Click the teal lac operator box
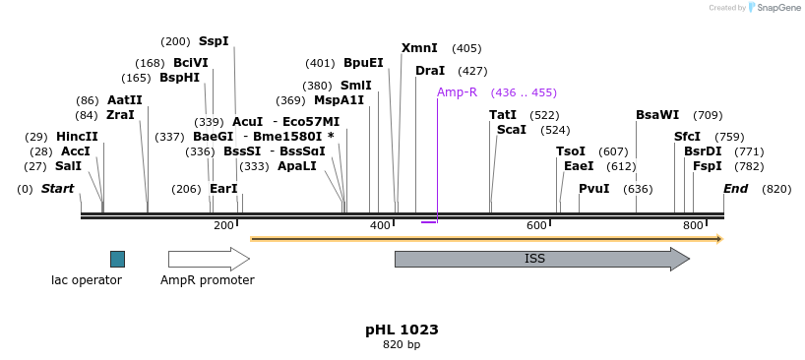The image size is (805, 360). click(117, 259)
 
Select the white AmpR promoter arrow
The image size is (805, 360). click(208, 259)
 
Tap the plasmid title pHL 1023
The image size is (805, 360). click(402, 330)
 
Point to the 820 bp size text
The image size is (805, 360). click(402, 345)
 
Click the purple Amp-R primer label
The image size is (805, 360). click(457, 92)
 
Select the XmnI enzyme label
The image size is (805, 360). click(419, 48)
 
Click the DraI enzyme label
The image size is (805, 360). click(430, 71)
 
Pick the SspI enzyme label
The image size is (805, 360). click(214, 41)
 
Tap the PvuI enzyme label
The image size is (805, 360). click(594, 189)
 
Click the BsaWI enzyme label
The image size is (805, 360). click(657, 115)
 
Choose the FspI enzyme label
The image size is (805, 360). click(708, 166)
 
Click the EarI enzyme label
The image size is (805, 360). click(223, 189)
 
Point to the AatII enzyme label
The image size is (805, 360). click(125, 100)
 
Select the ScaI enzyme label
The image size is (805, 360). click(512, 130)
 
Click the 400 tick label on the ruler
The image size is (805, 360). click(380, 226)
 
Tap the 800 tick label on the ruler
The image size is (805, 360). click(693, 226)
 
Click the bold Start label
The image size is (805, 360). click(57, 189)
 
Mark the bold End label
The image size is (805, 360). click(736, 189)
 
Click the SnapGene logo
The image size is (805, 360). click(775, 8)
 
